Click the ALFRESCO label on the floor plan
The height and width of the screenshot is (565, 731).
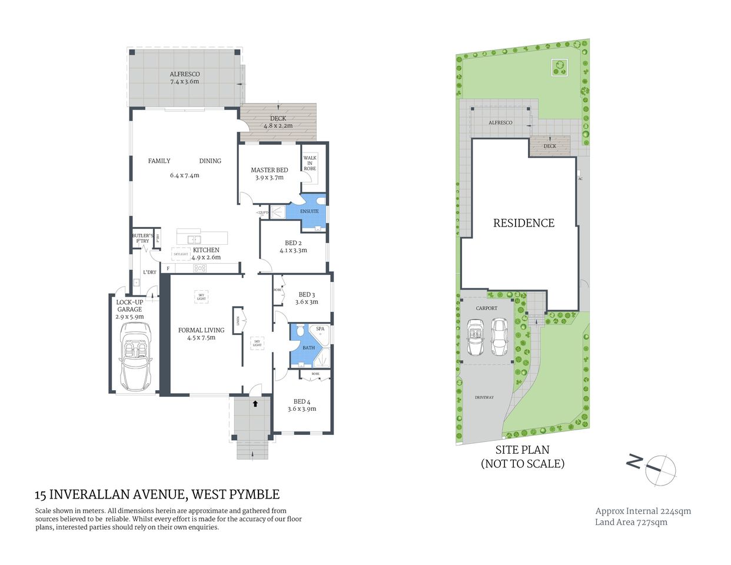185,75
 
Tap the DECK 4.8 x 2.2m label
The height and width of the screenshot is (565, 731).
278,122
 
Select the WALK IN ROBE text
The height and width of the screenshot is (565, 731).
310,163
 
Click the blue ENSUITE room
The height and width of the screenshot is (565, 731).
310,211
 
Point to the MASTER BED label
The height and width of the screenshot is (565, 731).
270,170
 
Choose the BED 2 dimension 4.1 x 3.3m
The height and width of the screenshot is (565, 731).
293,250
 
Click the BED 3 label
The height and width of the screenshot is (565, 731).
307,295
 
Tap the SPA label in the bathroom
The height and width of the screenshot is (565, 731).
320,329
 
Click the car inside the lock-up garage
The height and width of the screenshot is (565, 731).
135,356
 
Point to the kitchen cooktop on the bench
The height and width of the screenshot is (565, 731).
200,268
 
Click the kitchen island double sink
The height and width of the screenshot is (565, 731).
194,240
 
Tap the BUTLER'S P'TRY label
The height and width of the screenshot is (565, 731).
142,238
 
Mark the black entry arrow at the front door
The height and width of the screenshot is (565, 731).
255,404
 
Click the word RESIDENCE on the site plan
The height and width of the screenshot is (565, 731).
523,223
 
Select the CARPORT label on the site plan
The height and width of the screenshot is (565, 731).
486,308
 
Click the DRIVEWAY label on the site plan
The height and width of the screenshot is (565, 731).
484,398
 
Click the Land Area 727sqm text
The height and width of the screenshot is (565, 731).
631,522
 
